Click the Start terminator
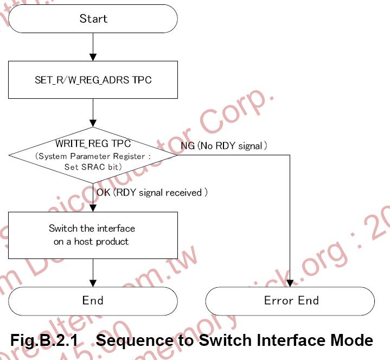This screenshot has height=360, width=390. point(93,18)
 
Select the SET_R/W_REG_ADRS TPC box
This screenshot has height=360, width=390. point(93,80)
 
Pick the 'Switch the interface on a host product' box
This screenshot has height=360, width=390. point(93,235)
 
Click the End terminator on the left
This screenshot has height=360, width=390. point(93,301)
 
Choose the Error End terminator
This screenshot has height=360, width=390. point(291,301)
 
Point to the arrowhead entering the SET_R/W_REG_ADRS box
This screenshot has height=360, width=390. point(93,57)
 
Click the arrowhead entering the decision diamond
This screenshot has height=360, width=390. point(93,123)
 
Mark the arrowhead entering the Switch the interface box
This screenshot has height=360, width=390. point(93,209)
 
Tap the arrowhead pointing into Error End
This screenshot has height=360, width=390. point(291,283)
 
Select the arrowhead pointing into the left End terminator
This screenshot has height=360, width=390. point(93,283)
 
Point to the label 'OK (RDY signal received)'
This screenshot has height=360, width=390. point(152,192)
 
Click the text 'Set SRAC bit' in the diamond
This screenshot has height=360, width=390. point(93,167)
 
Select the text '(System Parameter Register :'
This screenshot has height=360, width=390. point(93,156)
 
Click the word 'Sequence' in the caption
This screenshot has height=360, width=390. point(135,340)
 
